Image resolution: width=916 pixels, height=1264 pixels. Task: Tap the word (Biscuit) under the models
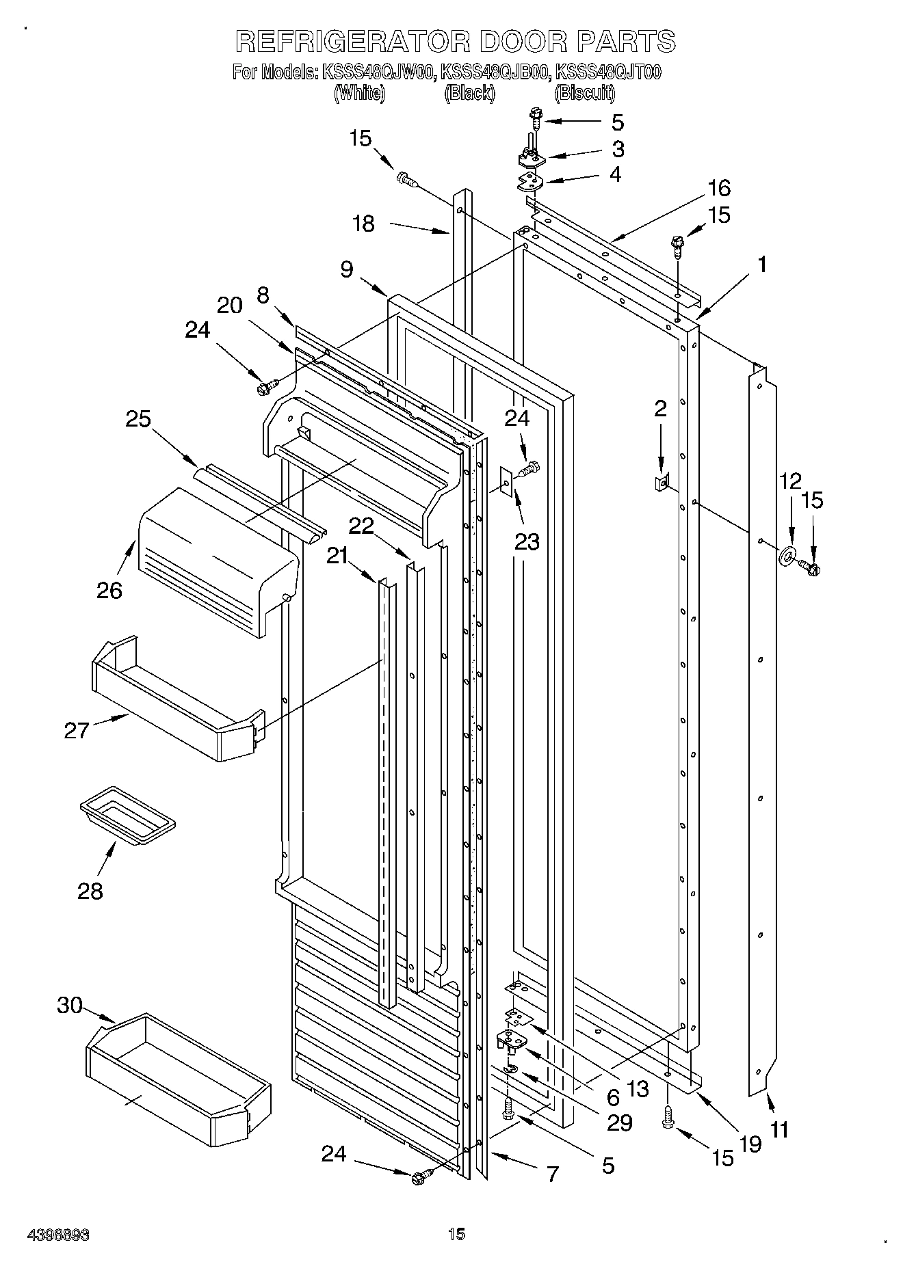(x=585, y=93)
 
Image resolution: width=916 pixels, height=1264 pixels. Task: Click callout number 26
(x=109, y=590)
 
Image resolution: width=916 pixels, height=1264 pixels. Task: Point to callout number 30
(x=70, y=1006)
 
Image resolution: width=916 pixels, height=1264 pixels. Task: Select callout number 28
(x=90, y=891)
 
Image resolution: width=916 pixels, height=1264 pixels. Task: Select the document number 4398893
(x=60, y=1235)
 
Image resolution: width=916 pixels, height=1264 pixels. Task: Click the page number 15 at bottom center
(x=457, y=1234)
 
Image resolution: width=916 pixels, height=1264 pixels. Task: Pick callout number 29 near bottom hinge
(x=620, y=1122)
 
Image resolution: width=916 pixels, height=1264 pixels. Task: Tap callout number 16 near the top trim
(x=719, y=188)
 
